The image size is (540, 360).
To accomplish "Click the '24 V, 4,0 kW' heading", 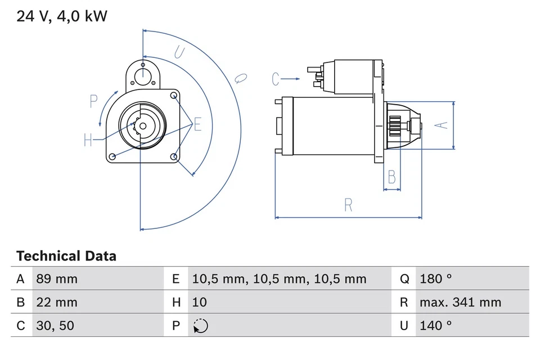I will pos(62,16).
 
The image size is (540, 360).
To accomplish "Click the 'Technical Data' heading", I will pos(66,256).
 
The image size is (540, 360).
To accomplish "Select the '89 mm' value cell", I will pos(57,279).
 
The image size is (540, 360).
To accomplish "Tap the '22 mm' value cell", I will pos(56,302).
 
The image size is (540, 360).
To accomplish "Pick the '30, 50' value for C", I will pos(55,325).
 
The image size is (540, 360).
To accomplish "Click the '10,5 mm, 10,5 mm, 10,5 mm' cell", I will pos(279,279).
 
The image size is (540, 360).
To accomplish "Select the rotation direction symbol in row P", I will pos(200,326).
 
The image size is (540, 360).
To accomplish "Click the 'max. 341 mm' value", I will pos(460,302).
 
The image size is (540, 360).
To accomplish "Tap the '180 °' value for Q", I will pos(435,279).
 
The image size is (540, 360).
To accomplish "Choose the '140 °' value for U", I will pos(435,325).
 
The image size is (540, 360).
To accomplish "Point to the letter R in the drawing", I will pos(348,205).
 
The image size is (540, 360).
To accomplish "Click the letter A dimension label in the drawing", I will pos(443,125).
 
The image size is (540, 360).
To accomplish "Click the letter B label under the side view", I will pos(392,177).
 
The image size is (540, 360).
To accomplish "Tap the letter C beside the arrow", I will pos(276,79).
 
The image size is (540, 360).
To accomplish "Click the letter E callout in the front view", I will pos(197,125).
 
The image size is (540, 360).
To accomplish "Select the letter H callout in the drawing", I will pos(88,139).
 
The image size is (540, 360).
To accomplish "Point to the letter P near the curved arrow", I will pos(93,101).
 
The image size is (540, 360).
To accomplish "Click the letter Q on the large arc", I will pos(240,78).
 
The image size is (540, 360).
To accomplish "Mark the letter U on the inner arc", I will pos(179,53).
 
